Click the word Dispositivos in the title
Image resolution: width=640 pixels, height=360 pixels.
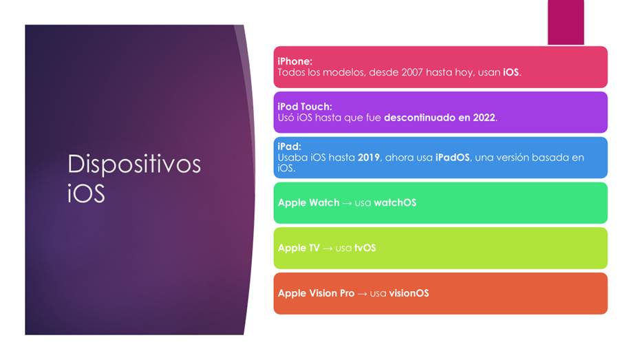point(134,164)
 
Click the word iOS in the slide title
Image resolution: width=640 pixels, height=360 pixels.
point(86,193)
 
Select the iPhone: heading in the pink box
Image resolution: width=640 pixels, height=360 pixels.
point(295,61)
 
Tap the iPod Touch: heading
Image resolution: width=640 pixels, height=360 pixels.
point(305,107)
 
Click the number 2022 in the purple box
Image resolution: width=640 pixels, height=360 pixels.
point(484,118)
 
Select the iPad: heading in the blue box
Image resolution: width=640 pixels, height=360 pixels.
point(290,147)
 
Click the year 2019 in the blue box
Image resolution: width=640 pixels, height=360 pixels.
point(369,158)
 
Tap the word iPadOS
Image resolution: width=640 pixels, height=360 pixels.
point(452,158)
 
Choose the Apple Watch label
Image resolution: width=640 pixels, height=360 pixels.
point(308,203)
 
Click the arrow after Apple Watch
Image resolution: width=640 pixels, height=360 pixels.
point(347,203)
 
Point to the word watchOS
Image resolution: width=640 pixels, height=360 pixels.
point(395,203)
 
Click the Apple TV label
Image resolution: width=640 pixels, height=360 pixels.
point(299,248)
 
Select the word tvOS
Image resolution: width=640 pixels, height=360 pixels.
point(365,248)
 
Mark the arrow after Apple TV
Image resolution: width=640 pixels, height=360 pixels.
point(328,248)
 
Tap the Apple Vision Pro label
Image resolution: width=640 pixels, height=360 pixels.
point(317,293)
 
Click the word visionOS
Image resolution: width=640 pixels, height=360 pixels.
point(409,293)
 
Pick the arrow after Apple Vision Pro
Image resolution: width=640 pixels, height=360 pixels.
point(363,294)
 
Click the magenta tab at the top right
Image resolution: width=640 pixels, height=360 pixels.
point(566,22)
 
